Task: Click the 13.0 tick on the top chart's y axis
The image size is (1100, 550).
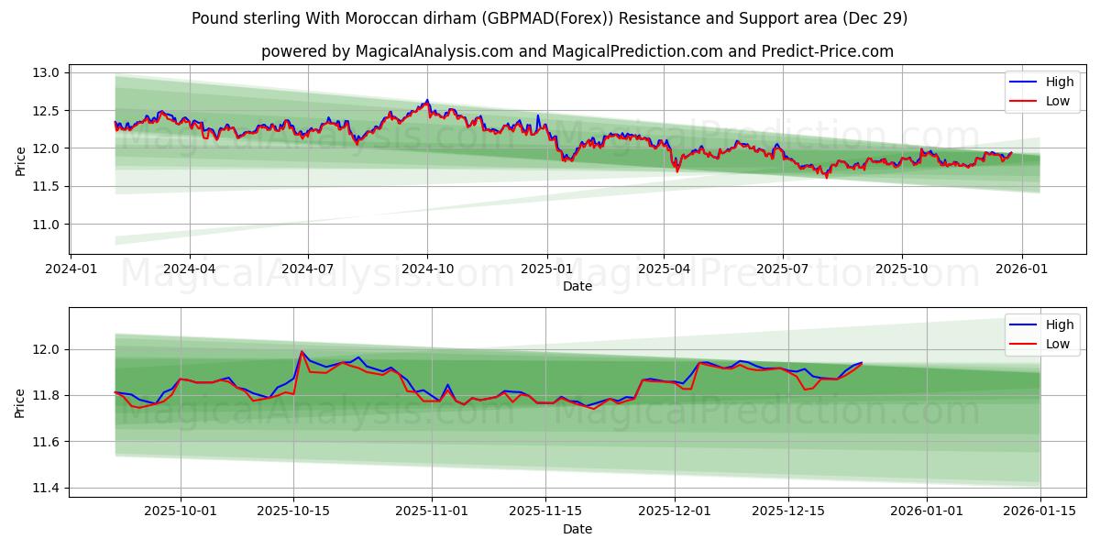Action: (48, 72)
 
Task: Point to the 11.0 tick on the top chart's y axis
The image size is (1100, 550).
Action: (48, 225)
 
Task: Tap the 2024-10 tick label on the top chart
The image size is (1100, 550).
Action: (427, 269)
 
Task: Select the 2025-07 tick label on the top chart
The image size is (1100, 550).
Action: (783, 269)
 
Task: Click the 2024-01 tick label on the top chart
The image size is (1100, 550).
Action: (71, 269)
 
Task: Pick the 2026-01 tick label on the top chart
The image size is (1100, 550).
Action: (1020, 269)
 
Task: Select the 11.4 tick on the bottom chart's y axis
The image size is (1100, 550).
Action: (48, 488)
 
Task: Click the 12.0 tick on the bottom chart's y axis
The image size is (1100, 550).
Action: (48, 349)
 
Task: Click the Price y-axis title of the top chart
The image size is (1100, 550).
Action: (21, 161)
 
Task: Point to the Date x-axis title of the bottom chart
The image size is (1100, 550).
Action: (577, 529)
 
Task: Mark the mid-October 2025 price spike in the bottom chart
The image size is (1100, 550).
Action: (302, 351)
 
